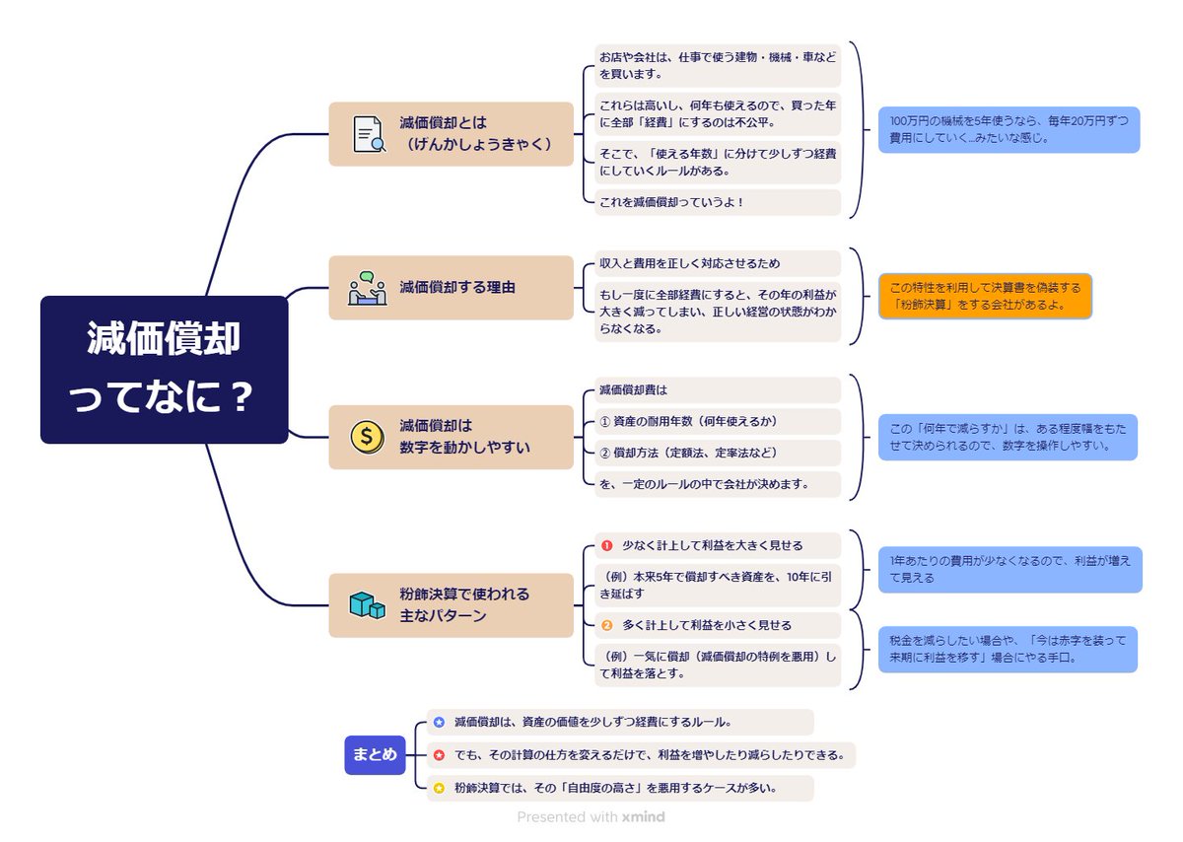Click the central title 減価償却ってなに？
[164, 370]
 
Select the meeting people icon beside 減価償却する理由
[368, 288]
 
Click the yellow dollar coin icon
[368, 437]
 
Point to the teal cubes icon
[368, 604]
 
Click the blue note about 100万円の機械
[1008, 129]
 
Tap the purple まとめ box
[375, 755]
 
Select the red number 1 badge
[607, 545]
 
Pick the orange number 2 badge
[607, 625]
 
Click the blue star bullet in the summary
[439, 722]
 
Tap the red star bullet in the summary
[439, 755]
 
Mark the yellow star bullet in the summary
[439, 788]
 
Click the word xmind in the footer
[643, 816]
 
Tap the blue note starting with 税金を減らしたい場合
[1008, 649]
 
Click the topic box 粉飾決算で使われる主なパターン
[451, 604]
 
